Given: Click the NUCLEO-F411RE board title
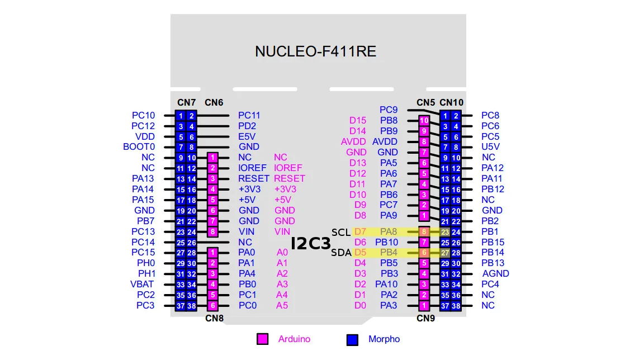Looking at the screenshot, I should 315,52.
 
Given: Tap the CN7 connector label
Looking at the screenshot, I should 186,102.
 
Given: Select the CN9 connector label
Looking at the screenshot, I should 425,319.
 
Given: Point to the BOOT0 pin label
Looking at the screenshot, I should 139,147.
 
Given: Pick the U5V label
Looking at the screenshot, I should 490,147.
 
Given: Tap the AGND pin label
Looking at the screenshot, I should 495,273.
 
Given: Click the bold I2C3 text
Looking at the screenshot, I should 311,243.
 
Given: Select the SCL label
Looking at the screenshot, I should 340,232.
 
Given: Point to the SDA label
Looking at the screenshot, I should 341,253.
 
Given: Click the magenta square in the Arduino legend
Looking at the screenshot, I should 262,339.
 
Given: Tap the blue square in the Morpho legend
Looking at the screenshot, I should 352,339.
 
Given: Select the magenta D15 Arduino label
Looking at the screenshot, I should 358,120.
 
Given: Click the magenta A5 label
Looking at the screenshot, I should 282,305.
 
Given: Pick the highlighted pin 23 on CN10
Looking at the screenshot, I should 445,232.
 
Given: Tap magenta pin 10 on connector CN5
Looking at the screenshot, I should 424,120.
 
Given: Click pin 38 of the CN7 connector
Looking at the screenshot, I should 192,306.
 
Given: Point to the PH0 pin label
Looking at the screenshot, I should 145,263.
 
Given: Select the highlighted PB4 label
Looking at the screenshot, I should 389,253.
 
